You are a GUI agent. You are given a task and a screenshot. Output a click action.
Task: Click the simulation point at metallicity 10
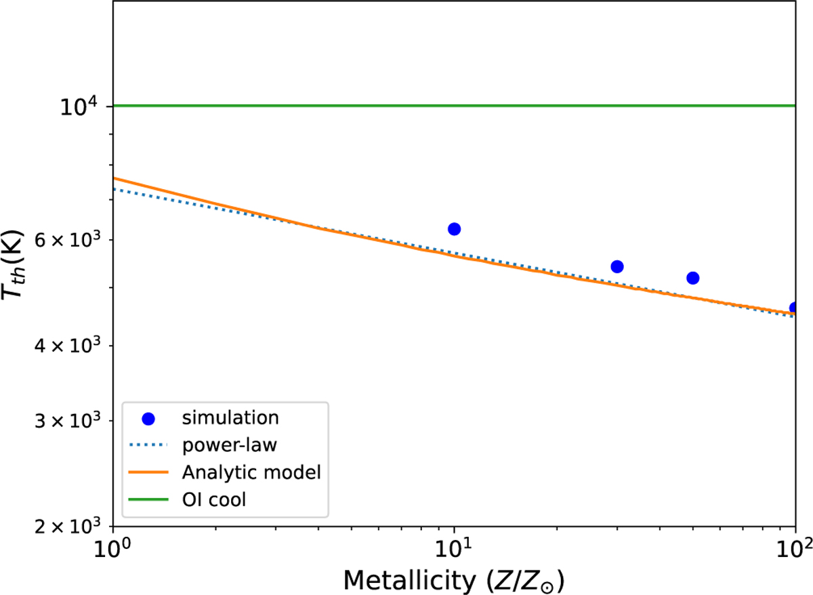tap(454, 229)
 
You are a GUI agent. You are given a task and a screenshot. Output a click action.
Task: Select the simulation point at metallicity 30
tap(617, 267)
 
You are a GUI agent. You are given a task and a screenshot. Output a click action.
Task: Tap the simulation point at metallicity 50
tap(692, 278)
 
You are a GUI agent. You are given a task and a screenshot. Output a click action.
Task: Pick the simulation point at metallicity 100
tap(794, 308)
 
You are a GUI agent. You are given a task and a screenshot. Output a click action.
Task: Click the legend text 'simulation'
tap(230, 418)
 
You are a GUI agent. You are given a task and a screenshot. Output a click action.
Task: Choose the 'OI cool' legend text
tap(218, 500)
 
